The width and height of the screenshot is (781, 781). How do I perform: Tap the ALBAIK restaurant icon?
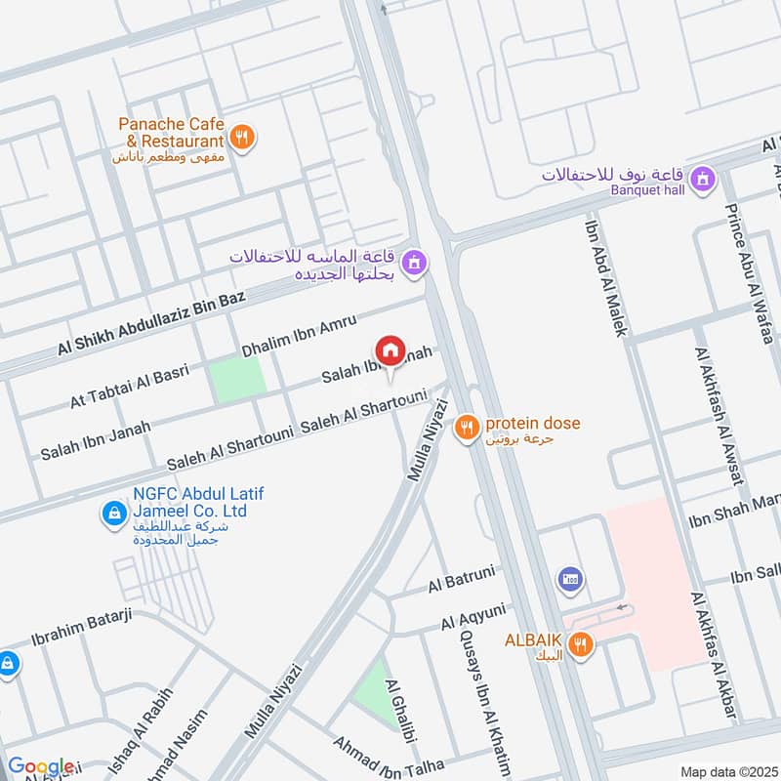point(581,644)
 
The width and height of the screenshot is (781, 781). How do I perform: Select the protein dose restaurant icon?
point(469,425)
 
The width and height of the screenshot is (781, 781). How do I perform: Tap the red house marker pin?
point(390,349)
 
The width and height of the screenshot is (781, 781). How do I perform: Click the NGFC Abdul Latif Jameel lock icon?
point(114,512)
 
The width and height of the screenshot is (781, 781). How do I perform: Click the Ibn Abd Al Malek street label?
point(606,275)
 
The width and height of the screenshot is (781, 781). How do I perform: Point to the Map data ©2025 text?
point(727,771)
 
